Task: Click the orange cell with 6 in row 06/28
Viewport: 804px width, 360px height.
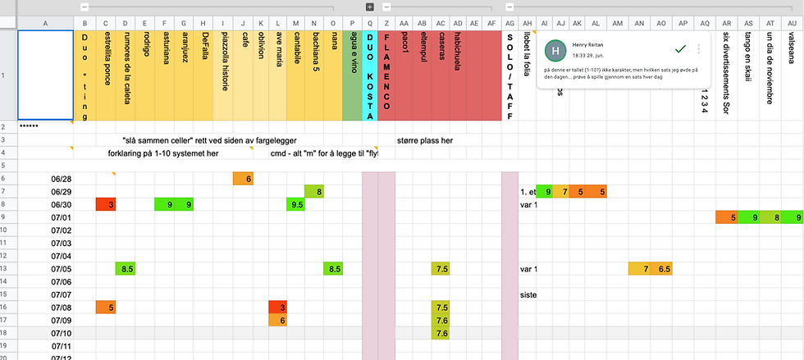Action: pos(243,179)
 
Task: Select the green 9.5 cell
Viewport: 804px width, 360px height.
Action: pos(296,204)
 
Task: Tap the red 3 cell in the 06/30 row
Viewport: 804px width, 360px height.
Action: pos(106,204)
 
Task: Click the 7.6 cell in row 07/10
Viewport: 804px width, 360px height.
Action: pos(441,333)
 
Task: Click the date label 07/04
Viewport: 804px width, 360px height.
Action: pos(62,256)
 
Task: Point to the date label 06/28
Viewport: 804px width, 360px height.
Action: pos(62,179)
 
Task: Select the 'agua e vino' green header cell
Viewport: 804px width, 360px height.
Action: pos(352,74)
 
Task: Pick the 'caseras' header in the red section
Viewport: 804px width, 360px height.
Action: pos(441,62)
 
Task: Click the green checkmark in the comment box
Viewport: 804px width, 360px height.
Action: pos(679,49)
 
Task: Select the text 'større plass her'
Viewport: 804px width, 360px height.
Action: pos(425,140)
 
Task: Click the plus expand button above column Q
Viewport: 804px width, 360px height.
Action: pos(370,7)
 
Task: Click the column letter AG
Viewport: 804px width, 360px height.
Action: pos(509,23)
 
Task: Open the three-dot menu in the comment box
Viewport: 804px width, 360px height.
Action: pos(699,49)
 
